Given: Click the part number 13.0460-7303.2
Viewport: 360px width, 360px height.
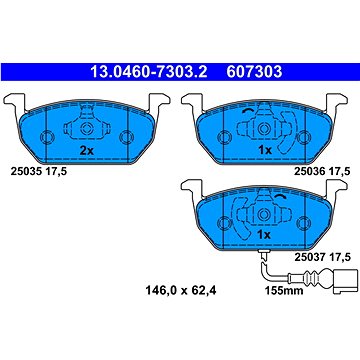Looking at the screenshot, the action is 149,72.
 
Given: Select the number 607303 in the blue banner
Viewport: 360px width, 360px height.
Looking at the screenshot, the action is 254,72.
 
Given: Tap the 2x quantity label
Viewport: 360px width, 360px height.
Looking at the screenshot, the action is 87,151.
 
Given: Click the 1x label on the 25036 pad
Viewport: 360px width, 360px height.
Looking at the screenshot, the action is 265,151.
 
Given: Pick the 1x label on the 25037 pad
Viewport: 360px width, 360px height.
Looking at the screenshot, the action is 264,235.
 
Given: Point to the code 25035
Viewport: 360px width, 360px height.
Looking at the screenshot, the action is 26,171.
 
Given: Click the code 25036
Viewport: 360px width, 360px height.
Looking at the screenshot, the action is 309,171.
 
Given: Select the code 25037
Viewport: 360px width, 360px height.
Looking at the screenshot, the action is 309,257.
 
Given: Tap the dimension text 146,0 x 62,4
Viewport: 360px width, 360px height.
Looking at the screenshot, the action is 181,291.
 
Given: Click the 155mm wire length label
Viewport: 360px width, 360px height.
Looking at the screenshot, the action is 284,291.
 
